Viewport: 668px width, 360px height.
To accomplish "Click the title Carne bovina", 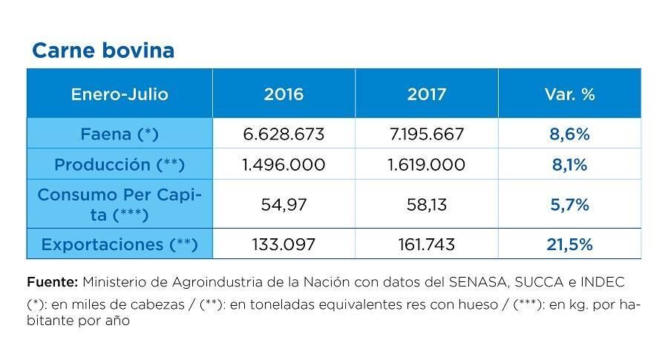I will tap(103, 50).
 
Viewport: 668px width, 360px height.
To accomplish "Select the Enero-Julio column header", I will tap(119, 94).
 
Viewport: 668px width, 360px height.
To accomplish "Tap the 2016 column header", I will tap(284, 94).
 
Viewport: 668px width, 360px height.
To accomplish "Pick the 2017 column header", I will tap(427, 94).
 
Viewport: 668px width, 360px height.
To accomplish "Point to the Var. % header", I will tap(569, 94).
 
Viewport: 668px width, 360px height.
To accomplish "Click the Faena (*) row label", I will tap(119, 134).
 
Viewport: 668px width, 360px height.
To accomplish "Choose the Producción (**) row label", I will tap(119, 165).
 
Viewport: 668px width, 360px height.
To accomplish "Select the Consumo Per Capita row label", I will tap(119, 204).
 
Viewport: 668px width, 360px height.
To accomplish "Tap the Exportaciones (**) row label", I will tap(119, 244).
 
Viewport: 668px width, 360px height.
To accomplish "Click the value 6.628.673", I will tap(284, 134).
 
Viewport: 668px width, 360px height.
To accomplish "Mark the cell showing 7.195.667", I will tap(427, 134).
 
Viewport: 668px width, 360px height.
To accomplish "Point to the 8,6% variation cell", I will tap(569, 134).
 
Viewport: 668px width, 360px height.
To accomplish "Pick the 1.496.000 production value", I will tap(284, 165).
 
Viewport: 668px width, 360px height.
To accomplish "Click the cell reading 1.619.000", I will tap(427, 165).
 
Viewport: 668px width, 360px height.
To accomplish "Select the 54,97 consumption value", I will tap(284, 204).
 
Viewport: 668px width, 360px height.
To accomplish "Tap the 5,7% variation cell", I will tap(569, 204).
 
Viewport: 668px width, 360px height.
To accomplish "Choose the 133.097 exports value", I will tap(284, 244).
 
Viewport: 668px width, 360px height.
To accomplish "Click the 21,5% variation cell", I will tap(569, 244).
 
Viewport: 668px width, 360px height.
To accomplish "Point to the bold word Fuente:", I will tap(52, 282).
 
